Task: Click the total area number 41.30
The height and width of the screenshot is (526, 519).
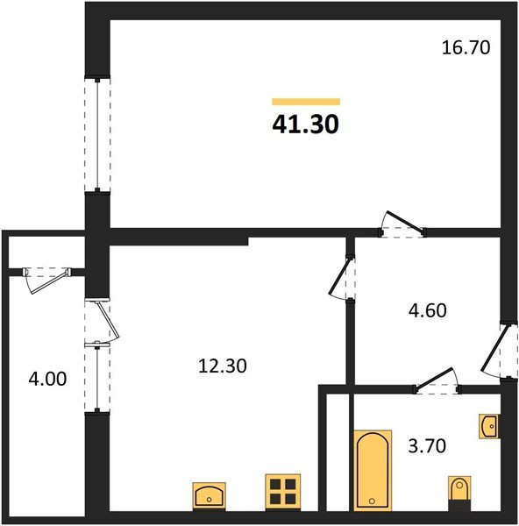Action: [x=305, y=124]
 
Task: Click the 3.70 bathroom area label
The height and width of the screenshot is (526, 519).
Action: [x=428, y=446]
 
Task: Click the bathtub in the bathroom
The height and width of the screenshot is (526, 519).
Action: [x=373, y=468]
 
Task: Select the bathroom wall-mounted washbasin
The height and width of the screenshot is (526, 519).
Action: [x=489, y=427]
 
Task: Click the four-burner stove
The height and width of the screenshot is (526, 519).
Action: [x=283, y=492]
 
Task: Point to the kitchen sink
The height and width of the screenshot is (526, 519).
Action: [x=210, y=494]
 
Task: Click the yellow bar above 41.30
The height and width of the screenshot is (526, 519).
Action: [x=305, y=102]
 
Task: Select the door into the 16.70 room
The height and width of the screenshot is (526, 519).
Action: [x=400, y=226]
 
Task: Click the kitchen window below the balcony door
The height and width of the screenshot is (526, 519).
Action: [x=96, y=378]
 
